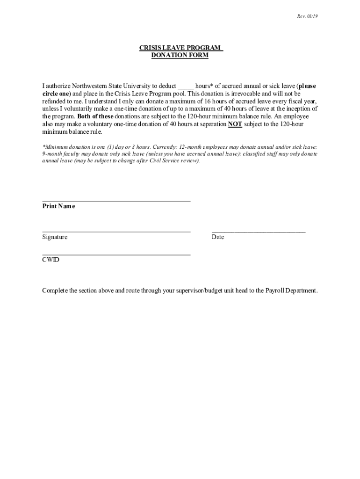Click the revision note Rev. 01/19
307,16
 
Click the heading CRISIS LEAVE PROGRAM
180,48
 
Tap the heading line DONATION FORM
180,55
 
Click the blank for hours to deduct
186,87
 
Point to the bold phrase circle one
56,94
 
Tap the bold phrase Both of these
95,116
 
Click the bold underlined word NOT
235,124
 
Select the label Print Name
58,206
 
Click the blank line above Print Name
116,201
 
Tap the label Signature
55,237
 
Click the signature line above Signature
116,231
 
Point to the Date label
218,237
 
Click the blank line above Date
259,231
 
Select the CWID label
51,260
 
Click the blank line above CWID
116,254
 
